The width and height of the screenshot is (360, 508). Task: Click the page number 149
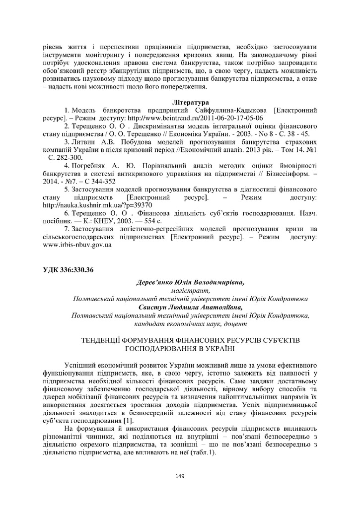pos(180,477)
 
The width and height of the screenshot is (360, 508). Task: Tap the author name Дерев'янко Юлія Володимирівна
pos(190,282)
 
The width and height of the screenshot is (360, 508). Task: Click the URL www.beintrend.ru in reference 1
pos(195,119)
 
